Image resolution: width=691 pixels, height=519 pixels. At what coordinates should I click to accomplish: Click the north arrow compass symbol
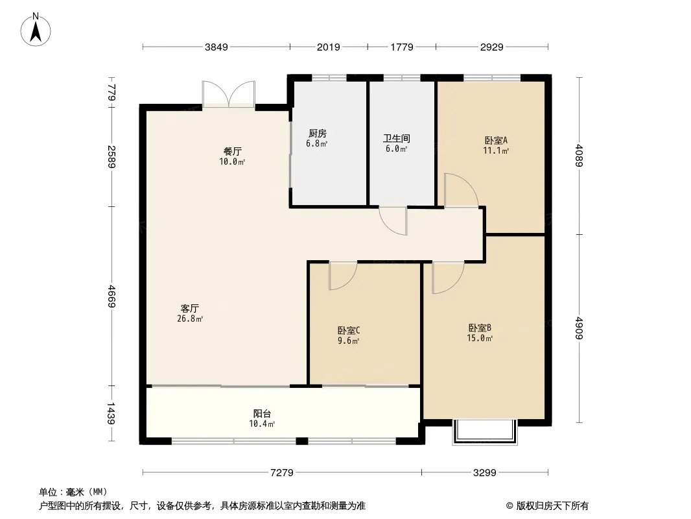(x=36, y=30)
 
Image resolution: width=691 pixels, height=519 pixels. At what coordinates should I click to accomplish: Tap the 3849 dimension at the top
(x=217, y=47)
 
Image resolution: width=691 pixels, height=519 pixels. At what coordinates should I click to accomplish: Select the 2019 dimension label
(x=328, y=47)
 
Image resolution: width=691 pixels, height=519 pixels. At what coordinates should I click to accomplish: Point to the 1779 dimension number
(x=402, y=47)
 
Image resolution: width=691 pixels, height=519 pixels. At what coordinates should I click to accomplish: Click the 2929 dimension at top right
(x=492, y=47)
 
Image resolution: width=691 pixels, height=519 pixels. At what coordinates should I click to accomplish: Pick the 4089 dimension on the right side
(x=579, y=156)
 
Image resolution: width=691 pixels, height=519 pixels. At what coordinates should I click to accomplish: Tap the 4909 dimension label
(x=579, y=328)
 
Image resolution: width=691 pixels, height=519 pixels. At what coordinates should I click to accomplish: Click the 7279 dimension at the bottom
(x=282, y=473)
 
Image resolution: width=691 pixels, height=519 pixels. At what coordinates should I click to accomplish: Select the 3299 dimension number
(x=485, y=473)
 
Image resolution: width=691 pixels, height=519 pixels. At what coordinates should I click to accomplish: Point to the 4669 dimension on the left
(x=111, y=296)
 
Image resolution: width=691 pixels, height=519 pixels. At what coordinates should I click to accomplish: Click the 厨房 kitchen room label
(x=317, y=133)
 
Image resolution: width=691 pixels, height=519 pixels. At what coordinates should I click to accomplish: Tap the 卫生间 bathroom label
(x=397, y=138)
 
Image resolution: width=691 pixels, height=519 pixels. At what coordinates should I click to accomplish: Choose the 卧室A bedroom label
(x=497, y=140)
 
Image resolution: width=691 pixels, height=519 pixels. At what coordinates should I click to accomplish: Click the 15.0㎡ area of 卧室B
(x=480, y=338)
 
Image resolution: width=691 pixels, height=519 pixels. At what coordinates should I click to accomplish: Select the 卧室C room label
(x=349, y=330)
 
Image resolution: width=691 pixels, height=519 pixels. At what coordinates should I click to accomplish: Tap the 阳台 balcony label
(x=263, y=414)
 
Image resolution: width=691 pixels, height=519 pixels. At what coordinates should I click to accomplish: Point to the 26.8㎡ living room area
(x=190, y=319)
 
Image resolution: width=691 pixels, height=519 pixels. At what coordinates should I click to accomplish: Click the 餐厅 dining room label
(x=232, y=152)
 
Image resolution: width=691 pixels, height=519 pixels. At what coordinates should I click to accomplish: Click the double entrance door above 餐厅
(x=229, y=93)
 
